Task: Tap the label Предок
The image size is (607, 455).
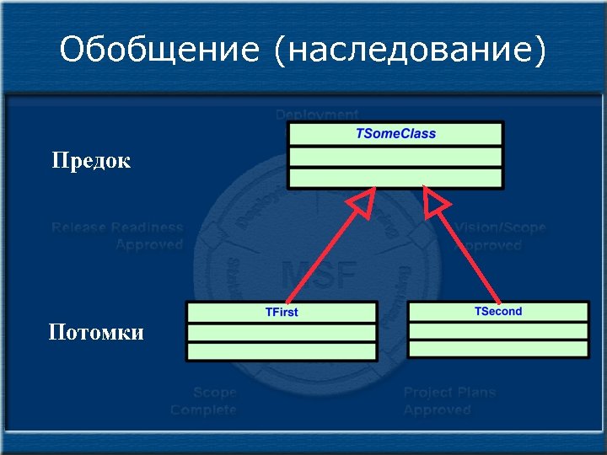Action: click(x=91, y=160)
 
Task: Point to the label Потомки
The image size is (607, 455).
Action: click(x=95, y=332)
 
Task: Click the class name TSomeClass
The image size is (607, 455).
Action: click(x=395, y=133)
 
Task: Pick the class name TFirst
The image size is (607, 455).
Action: click(x=282, y=312)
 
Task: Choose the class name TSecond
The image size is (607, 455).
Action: click(x=498, y=311)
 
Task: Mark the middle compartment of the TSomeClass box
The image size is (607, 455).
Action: click(x=395, y=157)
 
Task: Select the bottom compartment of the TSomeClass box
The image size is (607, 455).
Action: click(x=395, y=177)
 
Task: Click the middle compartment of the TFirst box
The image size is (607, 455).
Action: click(x=282, y=333)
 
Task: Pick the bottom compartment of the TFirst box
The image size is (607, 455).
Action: click(x=282, y=351)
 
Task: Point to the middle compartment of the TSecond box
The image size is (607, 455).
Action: click(x=498, y=330)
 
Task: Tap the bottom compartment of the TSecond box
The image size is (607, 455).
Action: click(x=498, y=349)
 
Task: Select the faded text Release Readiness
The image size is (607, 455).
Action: click(x=117, y=227)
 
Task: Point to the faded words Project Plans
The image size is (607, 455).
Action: click(x=449, y=393)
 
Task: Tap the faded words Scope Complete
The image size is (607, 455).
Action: click(x=204, y=401)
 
